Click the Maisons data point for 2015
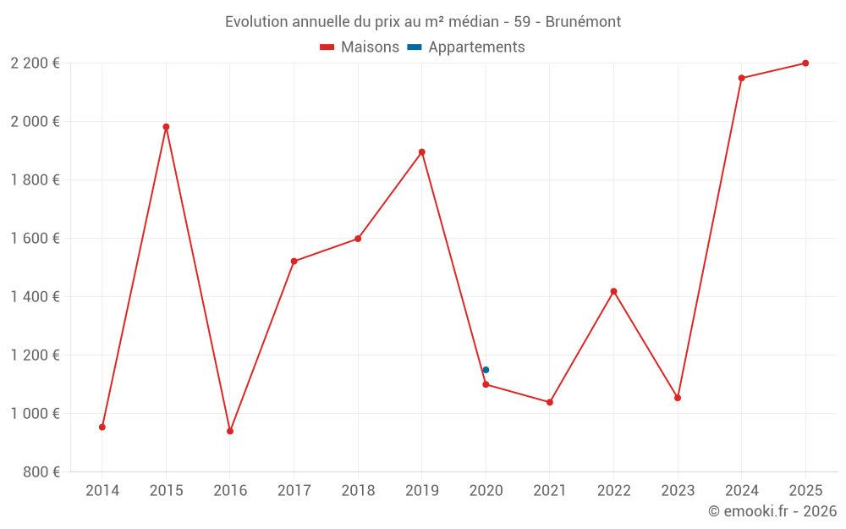166,127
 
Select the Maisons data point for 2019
422,152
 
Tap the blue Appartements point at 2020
486,370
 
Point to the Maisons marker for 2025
805,63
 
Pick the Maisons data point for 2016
230,431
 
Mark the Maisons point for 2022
613,291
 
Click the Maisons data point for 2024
741,78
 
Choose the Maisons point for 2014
102,427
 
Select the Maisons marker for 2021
550,402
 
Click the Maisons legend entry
360,47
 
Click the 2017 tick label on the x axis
294,491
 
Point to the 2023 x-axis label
678,491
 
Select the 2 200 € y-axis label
36,63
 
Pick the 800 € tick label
42,472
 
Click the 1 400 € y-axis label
36,297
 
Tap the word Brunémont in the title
583,22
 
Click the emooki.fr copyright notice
772,511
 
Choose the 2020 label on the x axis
486,491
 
